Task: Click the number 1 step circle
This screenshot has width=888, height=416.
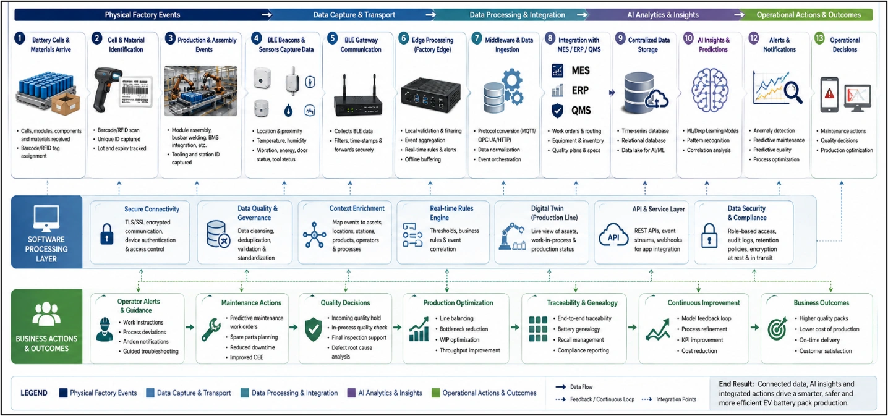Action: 20,39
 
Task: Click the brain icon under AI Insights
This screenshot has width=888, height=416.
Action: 710,90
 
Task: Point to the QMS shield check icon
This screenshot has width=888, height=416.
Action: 557,111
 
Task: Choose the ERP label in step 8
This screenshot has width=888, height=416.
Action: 580,90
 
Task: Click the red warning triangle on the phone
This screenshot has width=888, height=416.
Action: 829,94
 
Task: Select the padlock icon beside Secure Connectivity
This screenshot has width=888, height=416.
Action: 106,234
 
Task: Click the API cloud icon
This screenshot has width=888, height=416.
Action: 613,236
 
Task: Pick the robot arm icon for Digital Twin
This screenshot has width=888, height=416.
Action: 512,236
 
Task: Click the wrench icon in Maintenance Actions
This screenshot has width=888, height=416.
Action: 211,329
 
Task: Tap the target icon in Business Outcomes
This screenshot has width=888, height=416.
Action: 777,328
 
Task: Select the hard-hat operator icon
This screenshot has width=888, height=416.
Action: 105,329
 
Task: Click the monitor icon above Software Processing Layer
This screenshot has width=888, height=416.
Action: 46,218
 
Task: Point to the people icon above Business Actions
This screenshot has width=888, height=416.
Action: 46,314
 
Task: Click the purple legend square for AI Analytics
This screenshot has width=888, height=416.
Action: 351,393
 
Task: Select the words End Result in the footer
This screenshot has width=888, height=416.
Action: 736,384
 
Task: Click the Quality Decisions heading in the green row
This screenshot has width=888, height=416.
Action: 345,303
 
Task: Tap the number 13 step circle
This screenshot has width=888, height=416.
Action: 819,38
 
